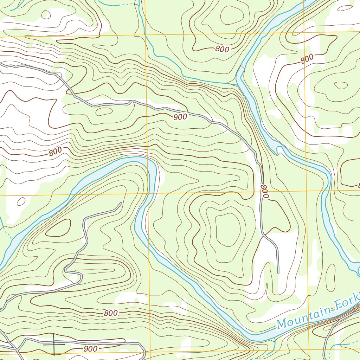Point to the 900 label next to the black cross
91,349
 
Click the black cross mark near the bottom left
54,345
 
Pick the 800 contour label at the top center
222,49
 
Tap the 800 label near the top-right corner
307,60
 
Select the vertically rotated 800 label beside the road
265,192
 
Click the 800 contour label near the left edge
55,152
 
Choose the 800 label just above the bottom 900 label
111,313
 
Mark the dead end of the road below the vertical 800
278,272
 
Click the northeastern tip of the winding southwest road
121,203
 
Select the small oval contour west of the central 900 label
104,111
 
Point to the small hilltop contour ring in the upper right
340,85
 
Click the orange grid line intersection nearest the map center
147,193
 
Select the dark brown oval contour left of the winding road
58,229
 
